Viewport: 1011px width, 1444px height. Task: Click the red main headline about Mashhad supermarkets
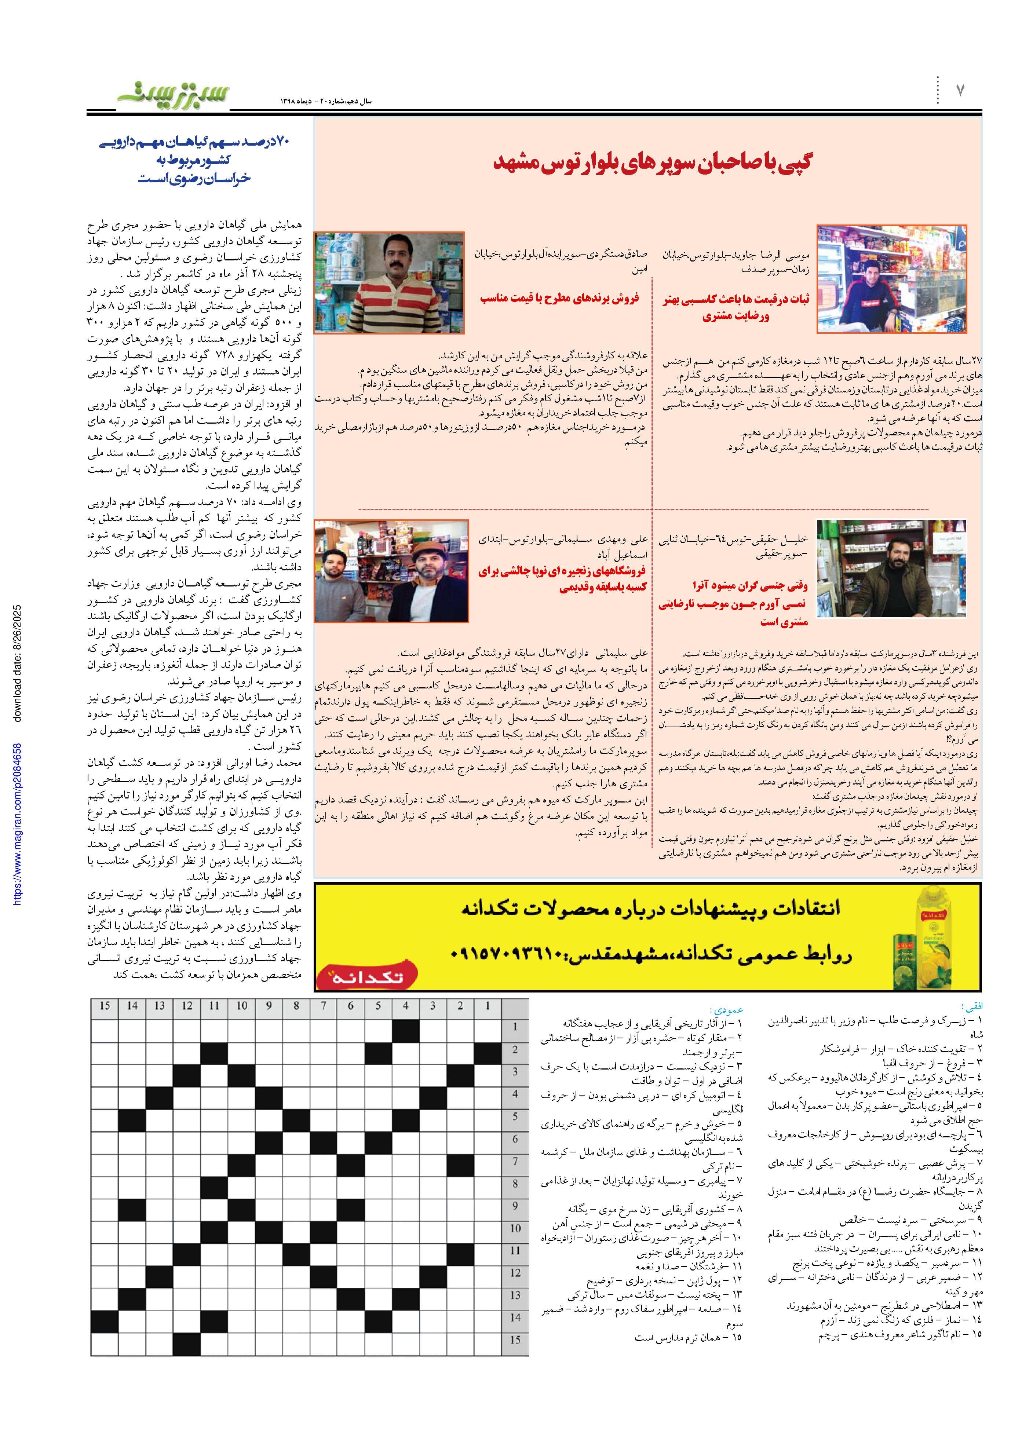[652, 163]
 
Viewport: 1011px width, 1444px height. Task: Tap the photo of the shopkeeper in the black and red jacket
[891, 279]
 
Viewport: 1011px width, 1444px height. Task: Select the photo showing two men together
[391, 570]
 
